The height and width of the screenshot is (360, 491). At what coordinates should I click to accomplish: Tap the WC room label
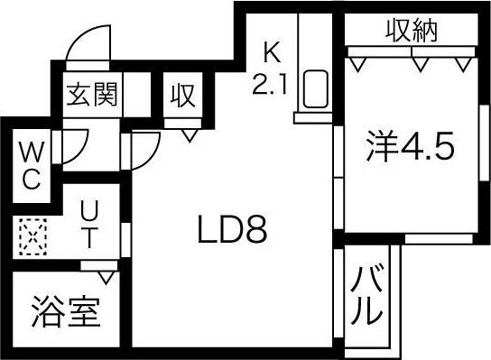[30, 163]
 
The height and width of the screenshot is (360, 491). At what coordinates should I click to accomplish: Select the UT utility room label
[90, 226]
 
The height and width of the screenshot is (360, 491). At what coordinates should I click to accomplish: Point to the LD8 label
[232, 233]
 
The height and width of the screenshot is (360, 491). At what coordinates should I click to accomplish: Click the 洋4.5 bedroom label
[408, 146]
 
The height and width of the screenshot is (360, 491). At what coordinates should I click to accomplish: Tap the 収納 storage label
[412, 32]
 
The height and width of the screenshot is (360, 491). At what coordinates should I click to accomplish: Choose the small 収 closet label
[184, 94]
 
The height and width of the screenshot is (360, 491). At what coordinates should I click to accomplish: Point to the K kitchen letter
[270, 51]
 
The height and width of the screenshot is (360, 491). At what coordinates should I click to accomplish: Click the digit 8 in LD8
[257, 233]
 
